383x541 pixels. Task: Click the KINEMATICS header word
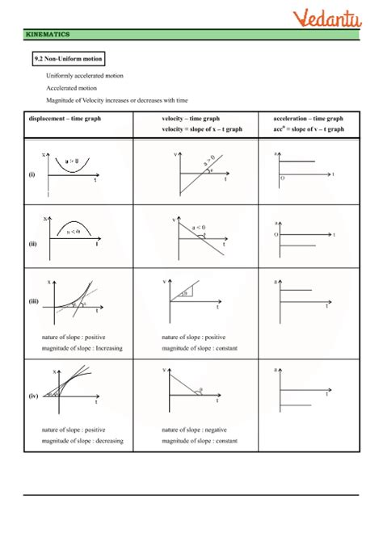click(x=48, y=36)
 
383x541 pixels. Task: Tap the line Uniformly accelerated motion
click(x=82, y=75)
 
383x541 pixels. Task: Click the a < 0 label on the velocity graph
click(x=197, y=227)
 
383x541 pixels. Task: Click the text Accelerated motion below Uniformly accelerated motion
click(x=72, y=87)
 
